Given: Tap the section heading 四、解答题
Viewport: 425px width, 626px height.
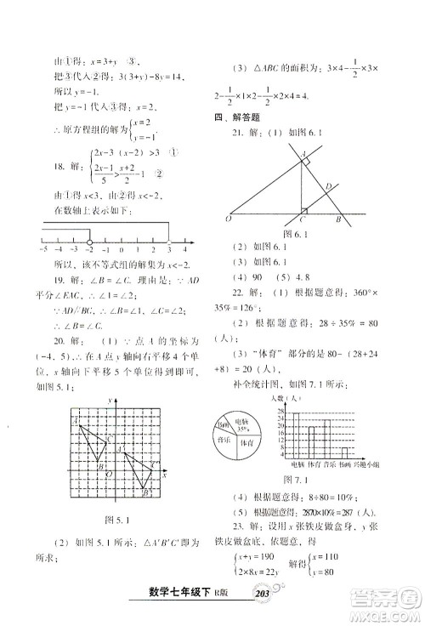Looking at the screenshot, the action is (234, 118).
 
